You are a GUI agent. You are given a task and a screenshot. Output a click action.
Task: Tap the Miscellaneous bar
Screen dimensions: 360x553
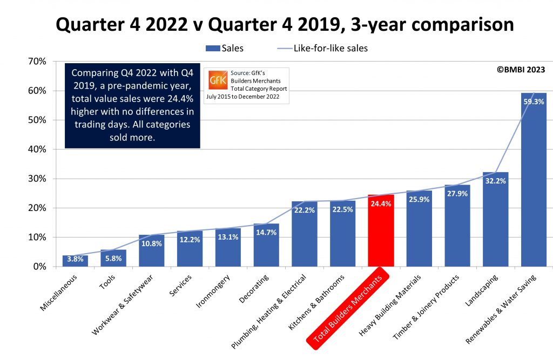point(75,261)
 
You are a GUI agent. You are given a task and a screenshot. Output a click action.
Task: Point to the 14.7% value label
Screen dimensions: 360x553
point(266,233)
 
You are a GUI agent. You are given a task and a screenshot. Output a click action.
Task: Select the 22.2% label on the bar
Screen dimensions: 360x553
point(305,210)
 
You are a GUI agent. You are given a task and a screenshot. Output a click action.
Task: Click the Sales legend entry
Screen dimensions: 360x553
point(225,48)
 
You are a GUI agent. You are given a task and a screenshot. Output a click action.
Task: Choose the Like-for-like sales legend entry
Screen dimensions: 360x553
point(322,48)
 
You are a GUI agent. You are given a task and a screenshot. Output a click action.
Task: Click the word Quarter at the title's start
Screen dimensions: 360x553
point(86,24)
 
